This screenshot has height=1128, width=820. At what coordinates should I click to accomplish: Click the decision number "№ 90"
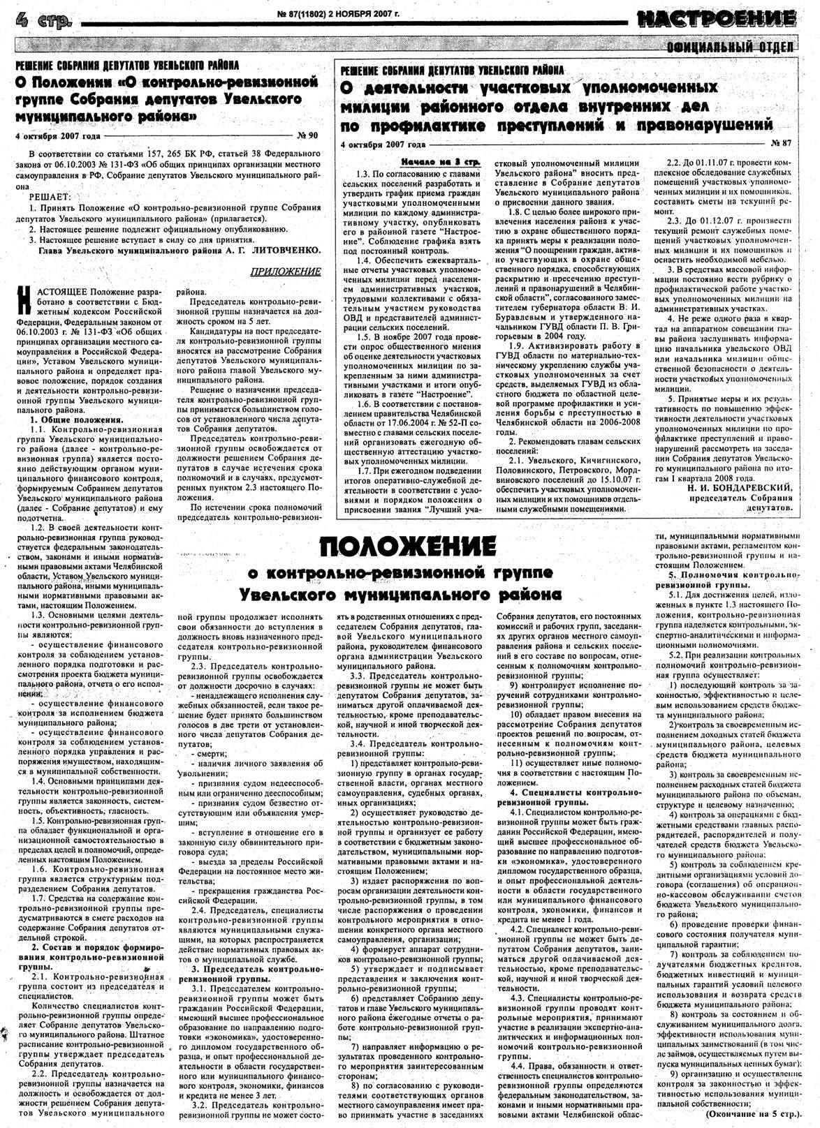tap(307, 135)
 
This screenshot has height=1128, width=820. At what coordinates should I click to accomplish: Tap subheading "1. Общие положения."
tap(77, 420)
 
